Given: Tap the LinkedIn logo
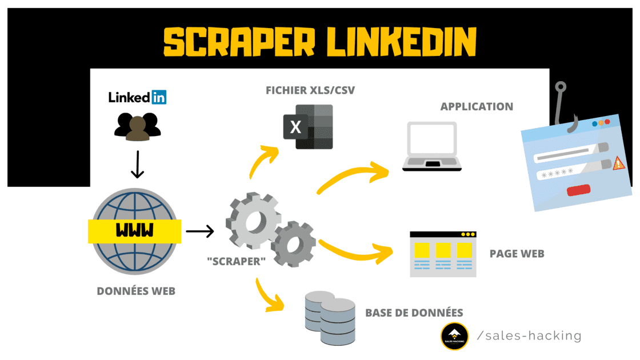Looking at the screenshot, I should (138, 97).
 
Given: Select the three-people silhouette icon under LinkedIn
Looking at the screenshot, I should (137, 126).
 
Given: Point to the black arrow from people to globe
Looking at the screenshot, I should (137, 166).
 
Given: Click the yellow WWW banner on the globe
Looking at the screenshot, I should (135, 230).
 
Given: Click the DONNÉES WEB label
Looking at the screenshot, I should (136, 291).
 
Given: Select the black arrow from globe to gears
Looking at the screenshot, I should (199, 231).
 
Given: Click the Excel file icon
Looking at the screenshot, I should (308, 127).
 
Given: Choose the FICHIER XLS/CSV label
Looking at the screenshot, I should (307, 90).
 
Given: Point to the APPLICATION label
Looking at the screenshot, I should (477, 106).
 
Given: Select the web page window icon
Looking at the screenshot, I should (443, 254).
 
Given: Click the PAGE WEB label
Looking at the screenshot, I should (517, 254).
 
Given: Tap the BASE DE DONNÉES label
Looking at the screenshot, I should (414, 313).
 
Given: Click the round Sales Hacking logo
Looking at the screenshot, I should (455, 337).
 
